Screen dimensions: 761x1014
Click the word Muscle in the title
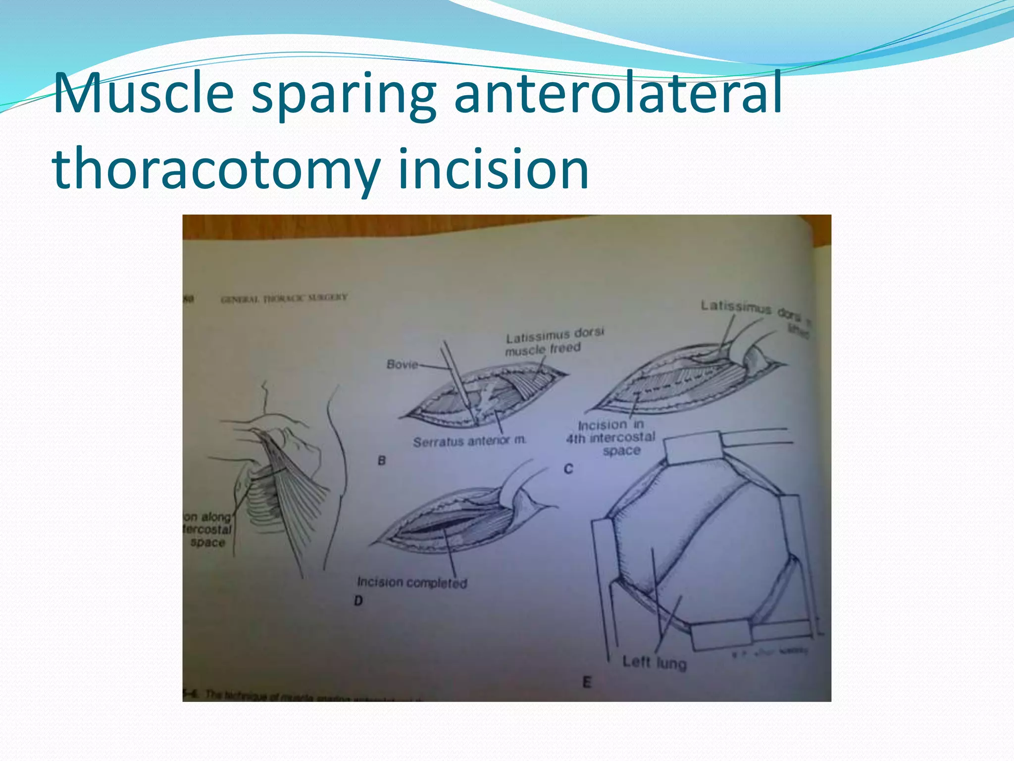coord(144,93)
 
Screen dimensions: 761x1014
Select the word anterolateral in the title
coord(617,93)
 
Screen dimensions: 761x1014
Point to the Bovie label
coord(402,365)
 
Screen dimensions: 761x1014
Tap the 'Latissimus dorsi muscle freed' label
coord(554,342)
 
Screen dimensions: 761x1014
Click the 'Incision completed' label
coord(412,582)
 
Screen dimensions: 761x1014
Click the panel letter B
coord(382,460)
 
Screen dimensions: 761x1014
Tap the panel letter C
coord(568,468)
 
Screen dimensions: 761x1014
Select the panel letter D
coord(358,601)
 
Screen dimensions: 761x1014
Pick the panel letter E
coord(587,683)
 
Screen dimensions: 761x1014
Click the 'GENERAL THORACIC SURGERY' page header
coord(284,299)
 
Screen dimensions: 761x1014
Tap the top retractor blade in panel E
coord(693,448)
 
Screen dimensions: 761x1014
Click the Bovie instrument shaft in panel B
coord(456,377)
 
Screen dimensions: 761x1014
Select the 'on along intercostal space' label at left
coord(208,530)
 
